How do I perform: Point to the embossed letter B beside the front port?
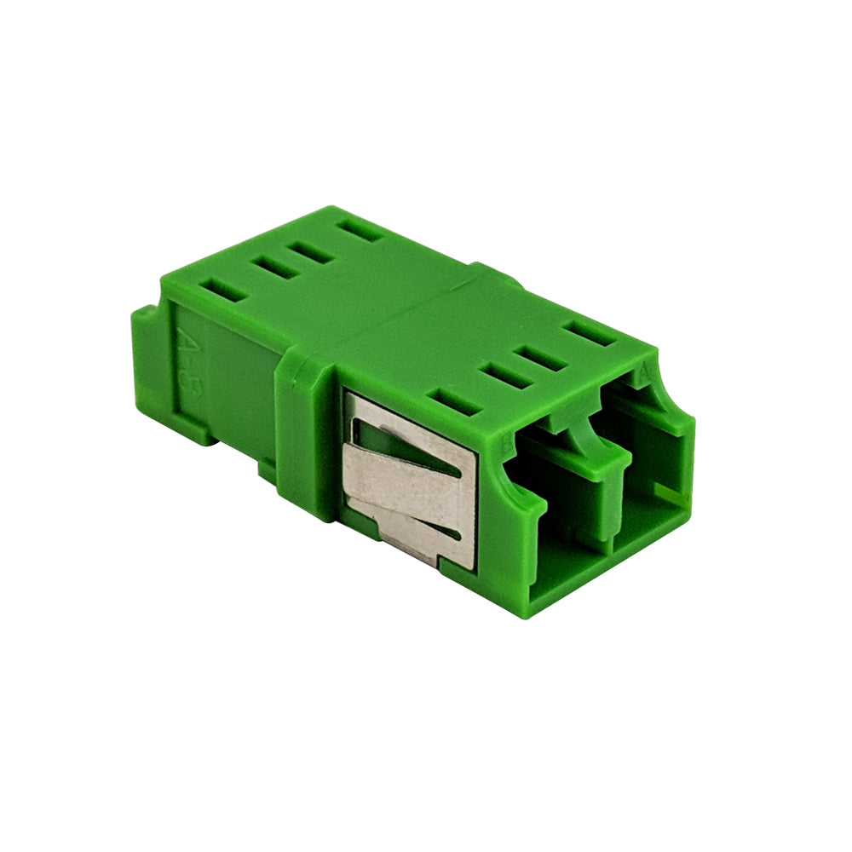click(x=509, y=440)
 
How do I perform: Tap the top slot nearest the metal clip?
click(x=457, y=401)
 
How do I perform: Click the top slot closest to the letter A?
click(x=590, y=333)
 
